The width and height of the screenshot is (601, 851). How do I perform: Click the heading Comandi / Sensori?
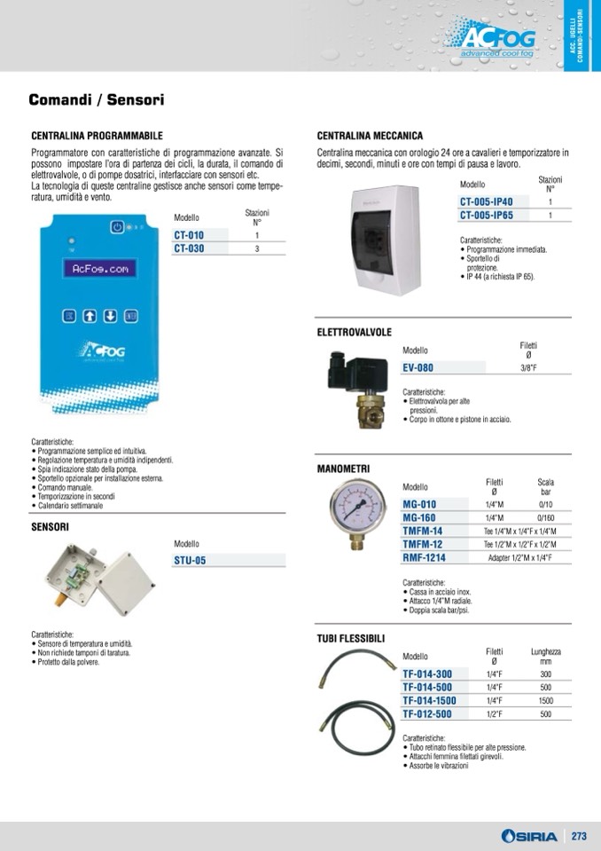(x=96, y=101)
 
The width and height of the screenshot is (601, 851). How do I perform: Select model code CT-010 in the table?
(x=189, y=235)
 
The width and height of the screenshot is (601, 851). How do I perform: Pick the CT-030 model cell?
(x=189, y=248)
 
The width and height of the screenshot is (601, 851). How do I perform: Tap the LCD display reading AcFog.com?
(x=101, y=269)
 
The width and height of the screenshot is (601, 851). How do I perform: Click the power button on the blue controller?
(x=116, y=228)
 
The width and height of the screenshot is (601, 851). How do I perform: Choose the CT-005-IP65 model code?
(x=486, y=215)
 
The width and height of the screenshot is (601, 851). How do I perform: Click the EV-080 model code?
(x=418, y=366)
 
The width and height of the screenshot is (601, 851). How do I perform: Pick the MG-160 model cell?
(x=419, y=517)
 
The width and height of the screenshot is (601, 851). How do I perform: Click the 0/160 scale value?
(x=545, y=517)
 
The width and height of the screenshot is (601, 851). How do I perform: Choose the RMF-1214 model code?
(x=424, y=557)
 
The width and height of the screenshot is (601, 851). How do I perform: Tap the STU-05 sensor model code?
(x=190, y=561)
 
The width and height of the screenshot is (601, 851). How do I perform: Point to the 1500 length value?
(x=545, y=700)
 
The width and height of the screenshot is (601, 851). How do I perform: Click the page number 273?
(x=579, y=836)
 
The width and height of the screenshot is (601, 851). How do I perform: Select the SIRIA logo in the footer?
(x=529, y=836)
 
